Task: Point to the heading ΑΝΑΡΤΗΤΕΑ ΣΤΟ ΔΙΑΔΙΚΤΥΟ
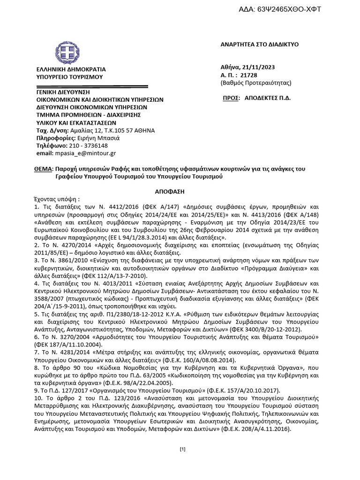click(259, 45)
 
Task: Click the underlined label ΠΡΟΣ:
click(231, 100)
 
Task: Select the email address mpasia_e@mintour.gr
click(86, 153)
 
